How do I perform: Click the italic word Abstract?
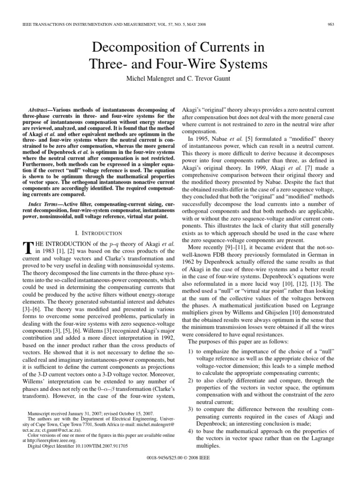point(40,108)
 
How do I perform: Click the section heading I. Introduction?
point(98,233)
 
